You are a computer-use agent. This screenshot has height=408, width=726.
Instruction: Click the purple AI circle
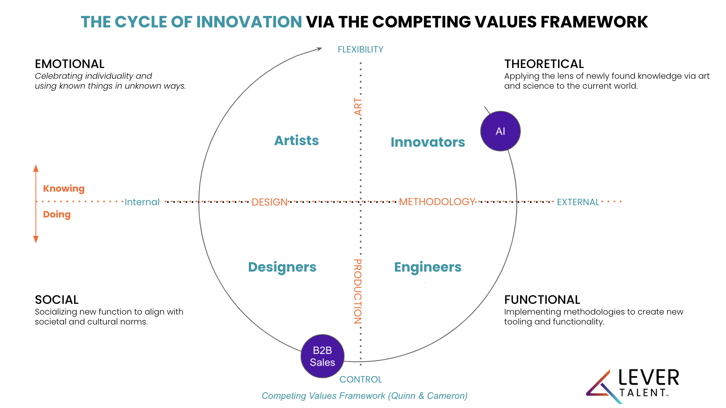(500, 131)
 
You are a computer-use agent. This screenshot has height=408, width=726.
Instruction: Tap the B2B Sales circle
(322, 356)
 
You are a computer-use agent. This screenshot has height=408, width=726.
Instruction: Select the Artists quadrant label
(297, 141)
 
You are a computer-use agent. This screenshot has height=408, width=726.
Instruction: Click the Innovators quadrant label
(427, 142)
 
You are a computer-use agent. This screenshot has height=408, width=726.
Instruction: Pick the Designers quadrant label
(282, 267)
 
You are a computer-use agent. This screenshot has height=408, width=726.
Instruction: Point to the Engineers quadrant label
(427, 267)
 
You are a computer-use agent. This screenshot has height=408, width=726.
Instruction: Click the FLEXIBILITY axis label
(360, 50)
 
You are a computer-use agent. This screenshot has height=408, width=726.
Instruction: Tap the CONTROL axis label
(360, 379)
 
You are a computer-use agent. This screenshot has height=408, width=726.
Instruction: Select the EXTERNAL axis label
(578, 202)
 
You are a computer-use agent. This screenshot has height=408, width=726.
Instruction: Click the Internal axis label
(142, 202)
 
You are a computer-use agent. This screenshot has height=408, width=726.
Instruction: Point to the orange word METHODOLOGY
(437, 202)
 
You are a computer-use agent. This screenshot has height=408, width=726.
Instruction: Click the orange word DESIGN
(269, 202)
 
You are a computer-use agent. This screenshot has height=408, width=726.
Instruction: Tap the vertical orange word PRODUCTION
(358, 291)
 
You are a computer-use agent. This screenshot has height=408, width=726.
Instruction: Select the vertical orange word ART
(358, 107)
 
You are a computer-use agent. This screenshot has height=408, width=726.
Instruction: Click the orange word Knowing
(64, 188)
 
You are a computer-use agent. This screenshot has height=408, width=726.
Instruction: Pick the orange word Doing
(57, 214)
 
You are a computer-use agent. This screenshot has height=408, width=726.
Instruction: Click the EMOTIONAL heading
(70, 64)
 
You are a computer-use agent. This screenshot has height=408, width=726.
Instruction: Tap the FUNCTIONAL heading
(542, 300)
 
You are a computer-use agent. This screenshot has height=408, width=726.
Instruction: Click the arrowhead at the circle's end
(319, 49)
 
